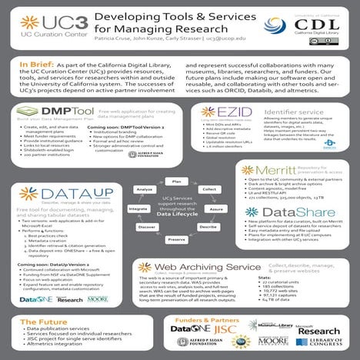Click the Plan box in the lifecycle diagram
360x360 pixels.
tap(177, 181)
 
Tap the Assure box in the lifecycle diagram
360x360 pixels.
tap(216, 208)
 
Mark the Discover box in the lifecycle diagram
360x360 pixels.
tap(146, 228)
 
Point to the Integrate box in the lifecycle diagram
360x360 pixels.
tap(138, 208)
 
